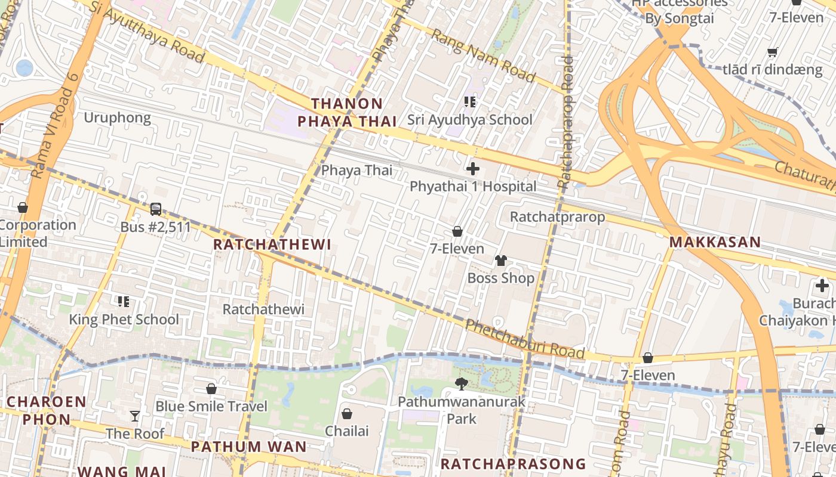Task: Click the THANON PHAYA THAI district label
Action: click(347, 113)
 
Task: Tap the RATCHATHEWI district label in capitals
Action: click(272, 244)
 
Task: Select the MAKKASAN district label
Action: click(715, 242)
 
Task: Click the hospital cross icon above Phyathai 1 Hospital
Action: click(472, 169)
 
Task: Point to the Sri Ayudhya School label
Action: click(470, 120)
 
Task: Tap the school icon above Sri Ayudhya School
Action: click(470, 102)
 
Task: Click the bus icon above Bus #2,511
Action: click(156, 209)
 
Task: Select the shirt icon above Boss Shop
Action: click(500, 260)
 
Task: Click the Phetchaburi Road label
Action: click(524, 339)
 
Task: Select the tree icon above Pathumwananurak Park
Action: click(461, 383)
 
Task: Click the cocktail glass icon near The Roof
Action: click(136, 416)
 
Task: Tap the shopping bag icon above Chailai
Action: click(346, 413)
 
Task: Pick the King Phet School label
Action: click(124, 320)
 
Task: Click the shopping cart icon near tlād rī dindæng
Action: click(772, 52)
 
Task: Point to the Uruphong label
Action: click(117, 117)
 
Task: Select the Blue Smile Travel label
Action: click(211, 407)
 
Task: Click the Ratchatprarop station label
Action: click(557, 217)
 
